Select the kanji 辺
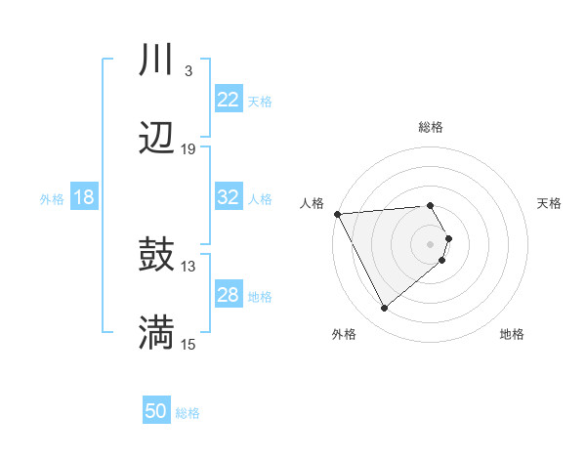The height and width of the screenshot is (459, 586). pyautogui.click(x=156, y=139)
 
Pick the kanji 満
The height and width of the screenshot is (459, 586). pyautogui.click(x=156, y=332)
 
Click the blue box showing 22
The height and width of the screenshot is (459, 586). pyautogui.click(x=228, y=100)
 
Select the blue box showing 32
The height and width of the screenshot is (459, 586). pyautogui.click(x=228, y=197)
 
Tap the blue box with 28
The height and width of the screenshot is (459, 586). pyautogui.click(x=228, y=295)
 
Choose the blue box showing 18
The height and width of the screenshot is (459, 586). pyautogui.click(x=84, y=197)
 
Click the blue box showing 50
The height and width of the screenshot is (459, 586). pyautogui.click(x=155, y=411)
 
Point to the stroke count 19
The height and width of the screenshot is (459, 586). pyautogui.click(x=188, y=149)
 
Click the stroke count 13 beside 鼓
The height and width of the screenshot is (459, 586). pyautogui.click(x=188, y=266)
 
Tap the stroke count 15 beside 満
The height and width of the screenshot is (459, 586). pyautogui.click(x=188, y=343)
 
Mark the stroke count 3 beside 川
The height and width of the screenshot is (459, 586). pyautogui.click(x=188, y=71)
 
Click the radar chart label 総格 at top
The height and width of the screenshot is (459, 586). pyautogui.click(x=430, y=127)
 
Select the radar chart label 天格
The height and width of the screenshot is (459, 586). pyautogui.click(x=549, y=203)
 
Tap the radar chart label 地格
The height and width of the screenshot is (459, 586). pyautogui.click(x=512, y=334)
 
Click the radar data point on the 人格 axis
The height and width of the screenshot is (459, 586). pyautogui.click(x=337, y=214)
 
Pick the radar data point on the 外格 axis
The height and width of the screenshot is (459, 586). pyautogui.click(x=384, y=308)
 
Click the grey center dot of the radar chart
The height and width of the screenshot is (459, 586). pyautogui.click(x=430, y=243)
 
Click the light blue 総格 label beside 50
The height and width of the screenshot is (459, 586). pyautogui.click(x=188, y=413)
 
